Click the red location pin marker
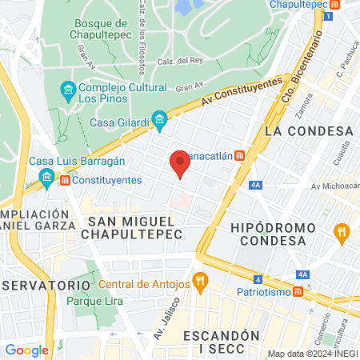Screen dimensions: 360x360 (180, 165)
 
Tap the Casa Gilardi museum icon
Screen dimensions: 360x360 (159, 122)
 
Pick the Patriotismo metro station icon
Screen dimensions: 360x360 (298, 291)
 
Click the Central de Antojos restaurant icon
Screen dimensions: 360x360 (200, 282)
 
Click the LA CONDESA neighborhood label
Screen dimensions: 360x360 (309, 130)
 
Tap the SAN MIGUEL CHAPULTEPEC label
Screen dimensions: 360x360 (135, 227)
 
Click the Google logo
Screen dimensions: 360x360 (26, 350)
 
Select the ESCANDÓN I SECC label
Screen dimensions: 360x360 (222, 343)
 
